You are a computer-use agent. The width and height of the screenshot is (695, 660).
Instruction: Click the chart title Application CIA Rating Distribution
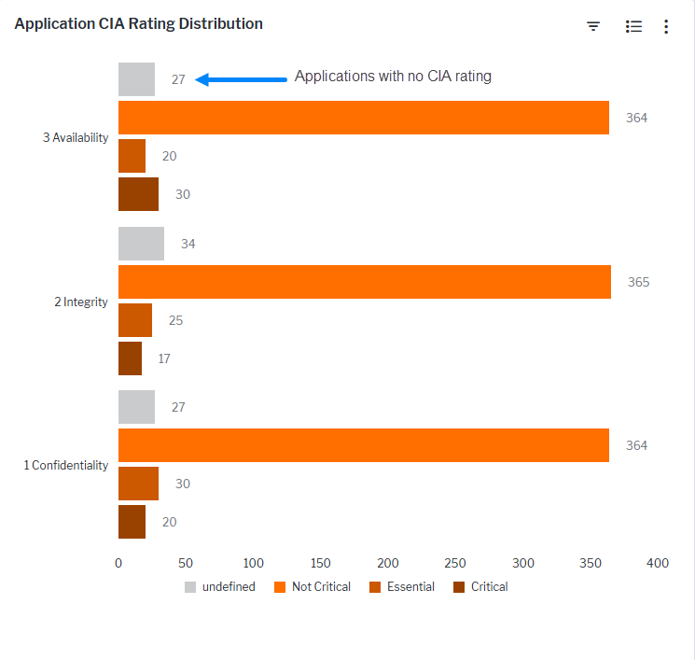tap(139, 24)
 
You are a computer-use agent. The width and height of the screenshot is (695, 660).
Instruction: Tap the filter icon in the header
tap(593, 26)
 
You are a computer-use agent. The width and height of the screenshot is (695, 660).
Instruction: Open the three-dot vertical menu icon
tap(666, 27)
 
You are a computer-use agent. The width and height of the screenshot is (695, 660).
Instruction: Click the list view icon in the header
tap(633, 27)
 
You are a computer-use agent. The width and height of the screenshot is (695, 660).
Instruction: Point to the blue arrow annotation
tap(242, 79)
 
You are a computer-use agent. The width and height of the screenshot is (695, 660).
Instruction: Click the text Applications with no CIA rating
tap(393, 77)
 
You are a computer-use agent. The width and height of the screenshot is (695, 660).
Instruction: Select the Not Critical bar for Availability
tap(363, 118)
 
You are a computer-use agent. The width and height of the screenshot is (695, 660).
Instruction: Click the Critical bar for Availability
tap(138, 194)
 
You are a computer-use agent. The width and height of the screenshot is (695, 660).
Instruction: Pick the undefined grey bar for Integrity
tap(141, 244)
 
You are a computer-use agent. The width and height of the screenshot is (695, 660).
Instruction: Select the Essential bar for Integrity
tap(134, 320)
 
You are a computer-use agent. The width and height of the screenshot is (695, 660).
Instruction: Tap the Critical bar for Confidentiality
tap(132, 522)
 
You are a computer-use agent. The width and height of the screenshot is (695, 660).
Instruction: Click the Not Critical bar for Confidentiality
tap(363, 445)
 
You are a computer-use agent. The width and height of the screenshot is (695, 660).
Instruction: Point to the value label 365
tap(638, 282)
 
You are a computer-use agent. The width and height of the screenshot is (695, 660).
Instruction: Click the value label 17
tap(164, 358)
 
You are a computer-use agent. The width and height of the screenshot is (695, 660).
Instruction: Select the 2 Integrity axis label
tap(81, 302)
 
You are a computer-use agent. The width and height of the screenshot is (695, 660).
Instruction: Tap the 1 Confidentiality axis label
tap(66, 465)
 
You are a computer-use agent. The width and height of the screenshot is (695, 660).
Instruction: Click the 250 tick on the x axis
tap(455, 563)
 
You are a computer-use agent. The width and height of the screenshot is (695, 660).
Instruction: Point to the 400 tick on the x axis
tap(657, 563)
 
